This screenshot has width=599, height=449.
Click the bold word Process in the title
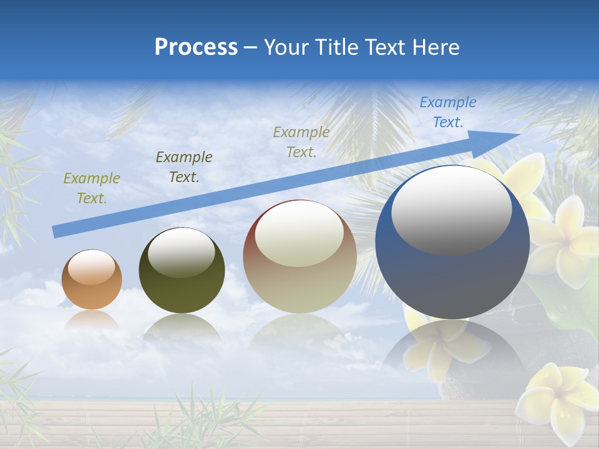pos(196,47)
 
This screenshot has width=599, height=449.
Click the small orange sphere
pos(92,279)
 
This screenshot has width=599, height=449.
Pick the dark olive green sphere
pos(182,271)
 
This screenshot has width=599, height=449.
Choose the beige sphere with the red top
pos(299,257)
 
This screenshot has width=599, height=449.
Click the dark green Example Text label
pos(183,167)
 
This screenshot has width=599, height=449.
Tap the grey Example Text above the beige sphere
pos(301,142)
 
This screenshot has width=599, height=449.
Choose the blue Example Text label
pos(448,112)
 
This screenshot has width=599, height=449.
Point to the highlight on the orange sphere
pos(92,268)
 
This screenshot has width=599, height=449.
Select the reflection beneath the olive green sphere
pos(182,327)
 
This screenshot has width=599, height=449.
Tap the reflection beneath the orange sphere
pos(92,319)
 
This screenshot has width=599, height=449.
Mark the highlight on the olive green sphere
pos(182,253)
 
